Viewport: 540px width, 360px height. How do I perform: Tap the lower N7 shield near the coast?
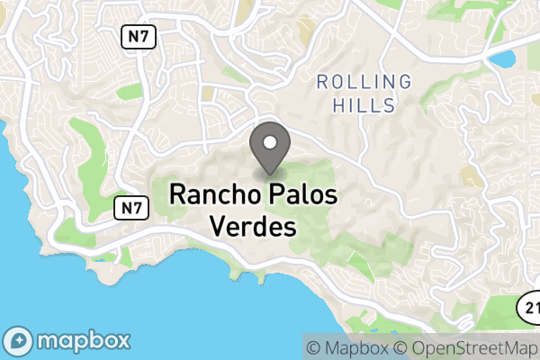(x=130, y=209)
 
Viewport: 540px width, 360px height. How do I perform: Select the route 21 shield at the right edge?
(x=530, y=307)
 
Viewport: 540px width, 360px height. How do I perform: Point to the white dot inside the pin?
(x=269, y=141)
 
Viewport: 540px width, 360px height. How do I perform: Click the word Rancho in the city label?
(x=214, y=194)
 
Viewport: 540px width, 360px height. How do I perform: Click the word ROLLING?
(x=364, y=83)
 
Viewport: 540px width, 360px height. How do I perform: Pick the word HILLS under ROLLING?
(x=364, y=106)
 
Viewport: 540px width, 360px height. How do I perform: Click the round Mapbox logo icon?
(x=20, y=342)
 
